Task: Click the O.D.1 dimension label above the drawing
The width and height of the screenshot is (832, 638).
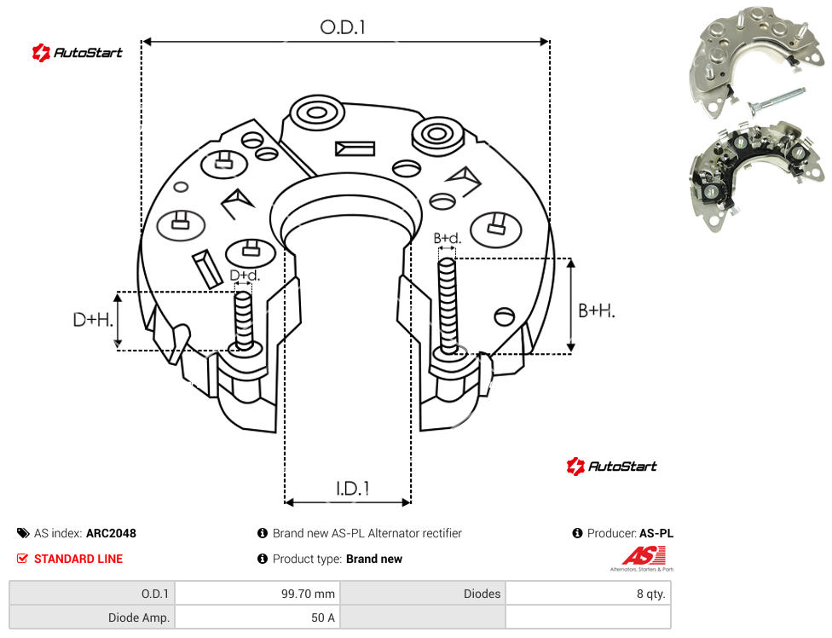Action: pyautogui.click(x=343, y=27)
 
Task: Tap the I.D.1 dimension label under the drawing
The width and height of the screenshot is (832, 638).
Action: pyautogui.click(x=353, y=489)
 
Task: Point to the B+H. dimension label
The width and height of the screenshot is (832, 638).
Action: pyautogui.click(x=597, y=310)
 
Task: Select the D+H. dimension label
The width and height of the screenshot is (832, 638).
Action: pyautogui.click(x=93, y=320)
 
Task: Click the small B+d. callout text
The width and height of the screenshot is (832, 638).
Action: pyautogui.click(x=448, y=238)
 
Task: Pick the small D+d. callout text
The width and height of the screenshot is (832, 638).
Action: pyautogui.click(x=245, y=275)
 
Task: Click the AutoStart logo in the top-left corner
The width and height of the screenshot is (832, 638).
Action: pyautogui.click(x=77, y=53)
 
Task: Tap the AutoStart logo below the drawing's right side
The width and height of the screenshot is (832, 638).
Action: pyautogui.click(x=611, y=467)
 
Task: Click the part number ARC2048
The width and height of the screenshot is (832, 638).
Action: pyautogui.click(x=111, y=533)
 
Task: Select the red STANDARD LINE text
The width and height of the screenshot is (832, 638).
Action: pyautogui.click(x=78, y=559)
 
